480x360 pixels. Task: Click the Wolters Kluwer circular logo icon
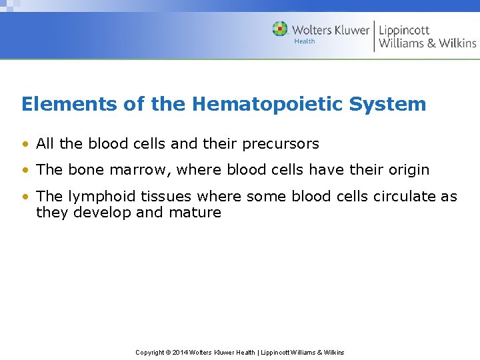[280, 29]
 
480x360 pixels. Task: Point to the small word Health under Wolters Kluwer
[305, 41]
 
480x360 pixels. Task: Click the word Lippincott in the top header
[404, 30]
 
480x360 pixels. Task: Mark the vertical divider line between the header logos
[374, 36]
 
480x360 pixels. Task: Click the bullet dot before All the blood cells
[25, 144]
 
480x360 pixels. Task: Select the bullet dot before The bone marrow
[25, 170]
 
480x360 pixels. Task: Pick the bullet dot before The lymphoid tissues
[25, 197]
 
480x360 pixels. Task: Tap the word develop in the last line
[104, 213]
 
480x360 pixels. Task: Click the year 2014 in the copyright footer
[181, 352]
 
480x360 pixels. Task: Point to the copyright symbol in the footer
[169, 352]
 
